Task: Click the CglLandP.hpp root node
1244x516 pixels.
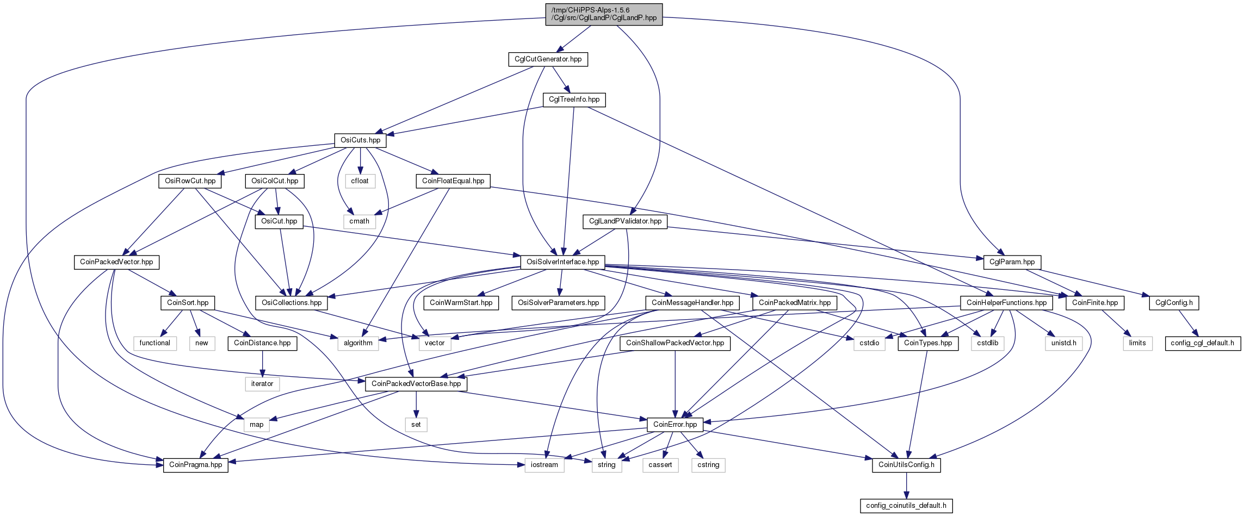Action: point(604,14)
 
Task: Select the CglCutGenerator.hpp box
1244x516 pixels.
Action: point(548,59)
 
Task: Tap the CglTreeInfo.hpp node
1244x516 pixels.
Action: point(574,100)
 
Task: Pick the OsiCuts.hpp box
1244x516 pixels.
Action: point(361,140)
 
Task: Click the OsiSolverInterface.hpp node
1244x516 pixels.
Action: point(563,262)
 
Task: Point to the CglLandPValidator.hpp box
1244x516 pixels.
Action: point(626,221)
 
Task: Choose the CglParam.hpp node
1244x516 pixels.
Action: point(1012,262)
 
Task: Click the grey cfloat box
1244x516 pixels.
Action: point(360,181)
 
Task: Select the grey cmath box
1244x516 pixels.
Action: point(360,221)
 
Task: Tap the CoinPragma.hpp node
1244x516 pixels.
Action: point(196,465)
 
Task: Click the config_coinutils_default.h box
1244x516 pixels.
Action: point(906,506)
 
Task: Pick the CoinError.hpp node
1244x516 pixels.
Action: point(675,425)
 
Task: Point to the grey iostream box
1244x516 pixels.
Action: point(544,465)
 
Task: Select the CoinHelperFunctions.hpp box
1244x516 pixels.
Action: point(1007,303)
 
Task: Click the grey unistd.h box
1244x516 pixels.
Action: point(1064,343)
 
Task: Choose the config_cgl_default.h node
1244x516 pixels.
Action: point(1203,343)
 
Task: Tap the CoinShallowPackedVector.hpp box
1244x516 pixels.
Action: point(675,343)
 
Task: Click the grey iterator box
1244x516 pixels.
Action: point(262,384)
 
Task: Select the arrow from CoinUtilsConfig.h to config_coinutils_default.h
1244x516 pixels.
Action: point(906,485)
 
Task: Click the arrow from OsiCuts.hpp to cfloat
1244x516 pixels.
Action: point(361,160)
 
